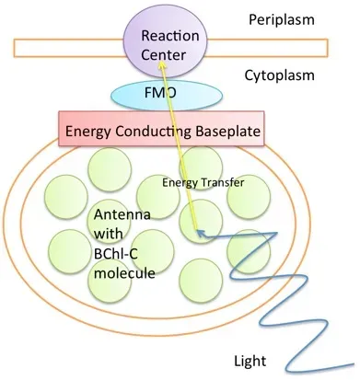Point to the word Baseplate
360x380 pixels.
coord(224,131)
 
